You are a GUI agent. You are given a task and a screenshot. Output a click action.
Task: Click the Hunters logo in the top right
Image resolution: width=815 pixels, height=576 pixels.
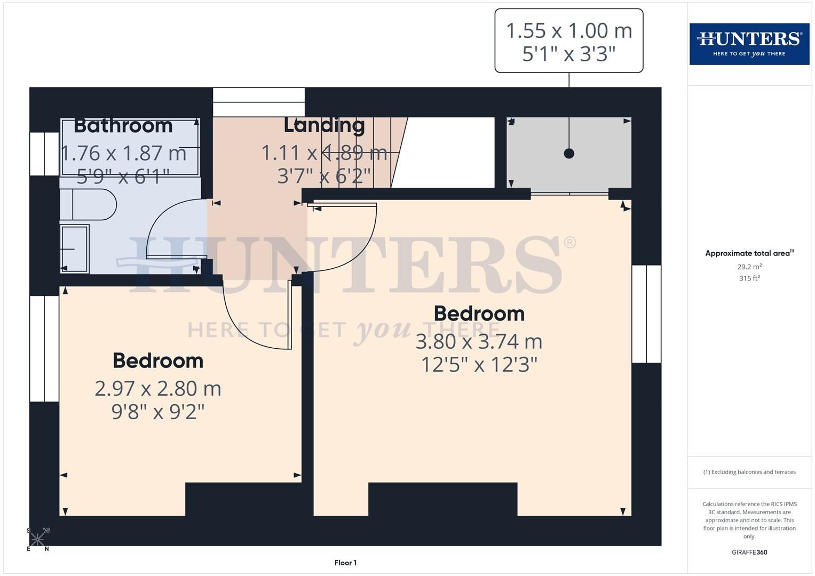749,44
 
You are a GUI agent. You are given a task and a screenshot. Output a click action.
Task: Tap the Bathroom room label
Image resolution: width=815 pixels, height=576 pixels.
123,125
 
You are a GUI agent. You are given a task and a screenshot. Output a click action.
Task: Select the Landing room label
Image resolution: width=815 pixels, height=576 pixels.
324,125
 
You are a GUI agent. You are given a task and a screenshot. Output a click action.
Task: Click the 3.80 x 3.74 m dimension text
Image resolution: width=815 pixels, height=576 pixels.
479,341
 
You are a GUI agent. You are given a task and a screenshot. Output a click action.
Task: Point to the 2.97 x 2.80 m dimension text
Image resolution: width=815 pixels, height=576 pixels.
158,388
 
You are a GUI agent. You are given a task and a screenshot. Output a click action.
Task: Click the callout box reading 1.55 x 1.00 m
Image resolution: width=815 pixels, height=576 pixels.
568,41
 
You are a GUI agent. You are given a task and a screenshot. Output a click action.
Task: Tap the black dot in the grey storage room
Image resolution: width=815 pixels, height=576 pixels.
569,154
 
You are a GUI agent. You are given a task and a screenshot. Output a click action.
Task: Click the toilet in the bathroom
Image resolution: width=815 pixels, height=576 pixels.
89,204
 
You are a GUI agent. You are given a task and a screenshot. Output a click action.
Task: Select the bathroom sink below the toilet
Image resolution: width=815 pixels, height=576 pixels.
74,249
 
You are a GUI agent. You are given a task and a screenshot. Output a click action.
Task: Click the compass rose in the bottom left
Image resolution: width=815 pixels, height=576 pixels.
37,539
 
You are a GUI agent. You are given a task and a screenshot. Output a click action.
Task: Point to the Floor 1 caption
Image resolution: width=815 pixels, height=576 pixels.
345,563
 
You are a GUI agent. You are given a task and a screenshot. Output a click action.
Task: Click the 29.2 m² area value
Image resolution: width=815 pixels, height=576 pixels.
749,267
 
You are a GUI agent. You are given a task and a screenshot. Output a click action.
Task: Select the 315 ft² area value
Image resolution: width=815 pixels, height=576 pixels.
749,278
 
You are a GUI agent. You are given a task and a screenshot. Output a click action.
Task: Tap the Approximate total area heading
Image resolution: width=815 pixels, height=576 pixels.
749,253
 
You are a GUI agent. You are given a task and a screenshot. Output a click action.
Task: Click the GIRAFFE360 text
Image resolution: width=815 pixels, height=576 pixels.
749,553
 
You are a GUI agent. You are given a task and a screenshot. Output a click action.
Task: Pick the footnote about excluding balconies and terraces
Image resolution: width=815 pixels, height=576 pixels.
749,472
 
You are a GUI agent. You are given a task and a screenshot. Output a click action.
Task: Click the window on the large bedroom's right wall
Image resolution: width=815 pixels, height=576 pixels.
646,314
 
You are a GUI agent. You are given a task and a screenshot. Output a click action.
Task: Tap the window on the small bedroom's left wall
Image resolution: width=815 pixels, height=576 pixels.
44,348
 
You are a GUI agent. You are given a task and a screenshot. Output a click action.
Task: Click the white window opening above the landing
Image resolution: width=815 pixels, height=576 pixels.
259,102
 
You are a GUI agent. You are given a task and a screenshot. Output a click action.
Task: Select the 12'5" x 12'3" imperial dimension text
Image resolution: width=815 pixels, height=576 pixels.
479,365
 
